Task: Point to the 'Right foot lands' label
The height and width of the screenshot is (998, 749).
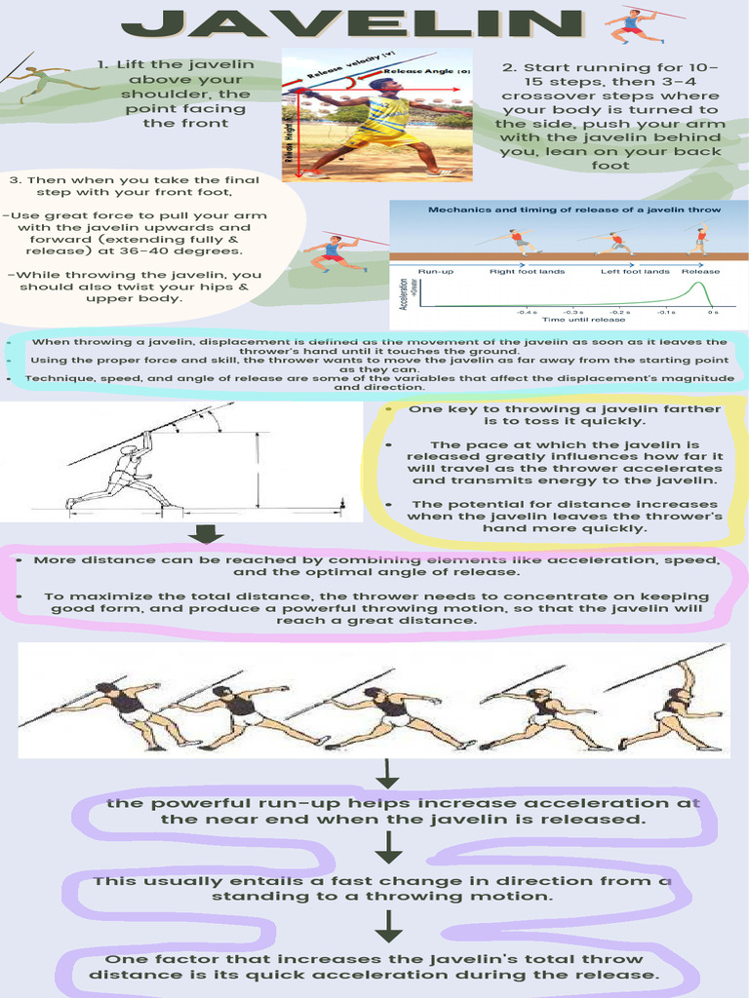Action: click(517, 271)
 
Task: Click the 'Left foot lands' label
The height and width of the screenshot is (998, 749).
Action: click(635, 271)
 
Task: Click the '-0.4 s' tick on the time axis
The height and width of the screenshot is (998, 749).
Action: click(528, 312)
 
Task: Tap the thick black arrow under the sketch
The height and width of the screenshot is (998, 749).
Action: click(207, 533)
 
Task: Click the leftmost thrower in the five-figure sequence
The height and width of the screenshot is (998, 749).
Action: click(122, 711)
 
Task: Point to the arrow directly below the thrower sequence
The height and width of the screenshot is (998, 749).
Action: click(388, 775)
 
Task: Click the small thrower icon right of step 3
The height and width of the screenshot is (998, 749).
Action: click(335, 251)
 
